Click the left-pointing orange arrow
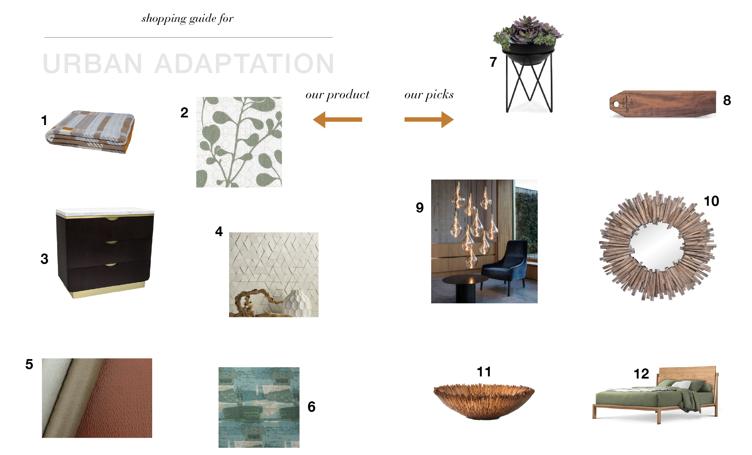(x=337, y=120)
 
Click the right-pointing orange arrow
(x=429, y=120)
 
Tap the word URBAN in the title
(x=93, y=64)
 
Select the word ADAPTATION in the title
(x=244, y=64)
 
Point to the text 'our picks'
(x=429, y=94)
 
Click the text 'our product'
(x=337, y=94)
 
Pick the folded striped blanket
(x=90, y=132)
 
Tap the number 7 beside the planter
(x=493, y=62)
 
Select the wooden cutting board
(x=663, y=104)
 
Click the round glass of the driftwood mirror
(x=657, y=247)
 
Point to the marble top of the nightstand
(x=105, y=211)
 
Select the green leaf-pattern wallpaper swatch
(x=239, y=142)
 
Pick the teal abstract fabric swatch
(x=259, y=407)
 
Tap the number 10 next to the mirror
(x=711, y=201)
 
